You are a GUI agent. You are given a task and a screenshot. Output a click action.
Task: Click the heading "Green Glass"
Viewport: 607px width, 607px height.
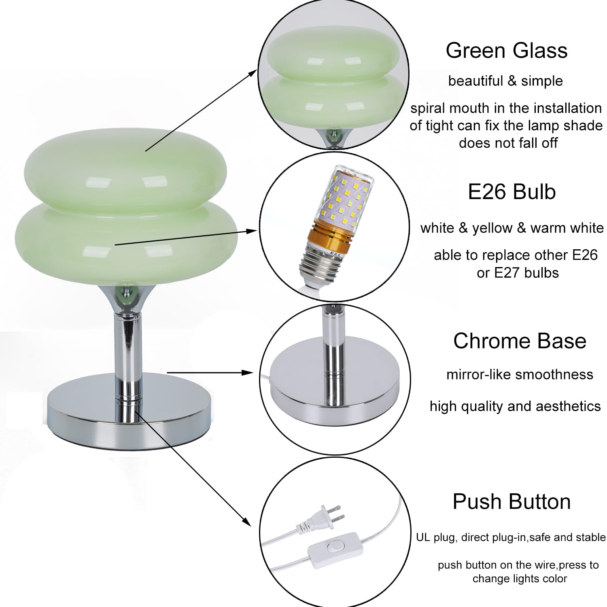point(506,51)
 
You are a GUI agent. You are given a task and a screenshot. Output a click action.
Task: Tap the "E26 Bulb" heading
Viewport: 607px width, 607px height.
point(511,192)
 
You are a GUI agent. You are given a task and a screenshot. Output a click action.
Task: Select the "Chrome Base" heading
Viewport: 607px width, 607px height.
point(520,341)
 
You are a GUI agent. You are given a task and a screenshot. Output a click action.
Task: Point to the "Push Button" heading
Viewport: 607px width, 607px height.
point(511,502)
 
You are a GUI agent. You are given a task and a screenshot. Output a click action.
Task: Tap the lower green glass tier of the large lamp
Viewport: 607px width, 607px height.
point(121,243)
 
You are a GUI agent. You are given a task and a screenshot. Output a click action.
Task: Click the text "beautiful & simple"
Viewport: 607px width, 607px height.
point(505,81)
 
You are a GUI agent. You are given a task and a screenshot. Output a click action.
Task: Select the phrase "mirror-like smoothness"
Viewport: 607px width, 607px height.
point(520,374)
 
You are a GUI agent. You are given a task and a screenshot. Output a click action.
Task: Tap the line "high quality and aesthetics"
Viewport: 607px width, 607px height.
point(515,406)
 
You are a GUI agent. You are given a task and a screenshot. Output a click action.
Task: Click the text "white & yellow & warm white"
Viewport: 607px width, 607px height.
point(512,228)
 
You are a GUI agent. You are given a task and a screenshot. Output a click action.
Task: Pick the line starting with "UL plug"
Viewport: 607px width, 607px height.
point(511,537)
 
